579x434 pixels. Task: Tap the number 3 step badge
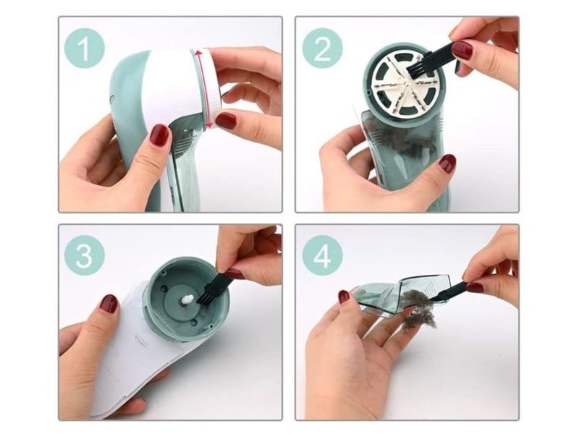(x=85, y=255)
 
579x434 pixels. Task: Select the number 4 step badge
(x=322, y=255)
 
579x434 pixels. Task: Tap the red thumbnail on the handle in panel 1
(x=159, y=135)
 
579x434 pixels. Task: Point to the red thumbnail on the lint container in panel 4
(x=344, y=296)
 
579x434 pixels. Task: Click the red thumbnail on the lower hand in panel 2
(x=447, y=163)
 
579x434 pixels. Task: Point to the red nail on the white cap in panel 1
(x=226, y=120)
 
